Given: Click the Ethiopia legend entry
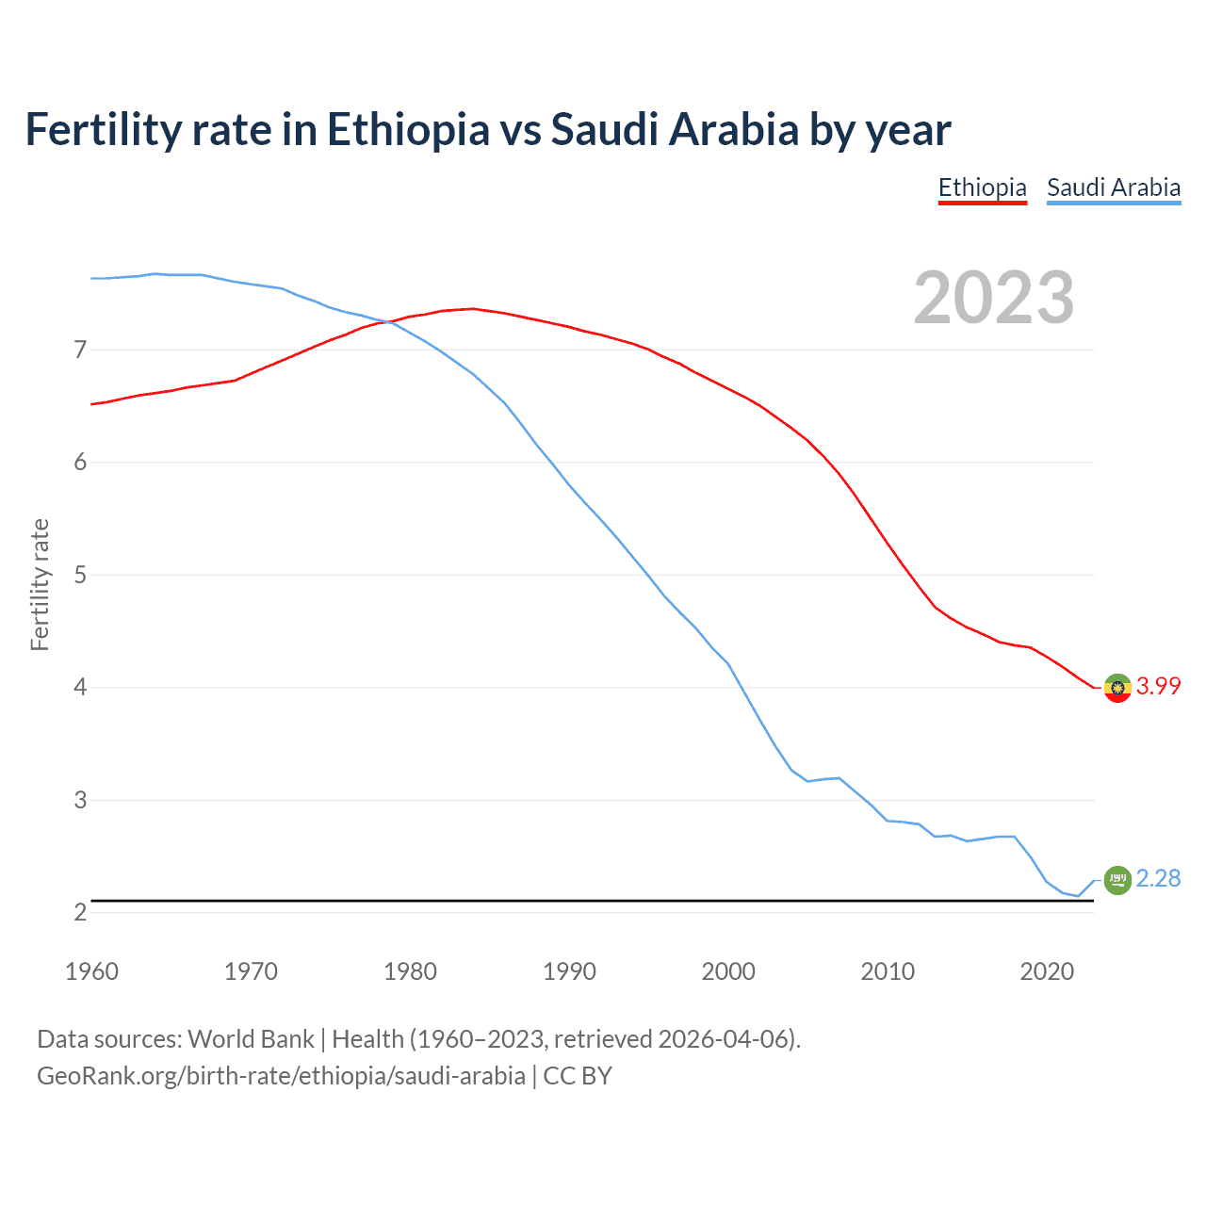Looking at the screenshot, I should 982,187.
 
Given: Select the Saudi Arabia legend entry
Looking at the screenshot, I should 1114,187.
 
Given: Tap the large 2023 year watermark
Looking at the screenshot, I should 993,298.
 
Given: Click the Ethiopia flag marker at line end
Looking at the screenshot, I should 1117,688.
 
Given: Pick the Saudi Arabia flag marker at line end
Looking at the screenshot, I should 1117,880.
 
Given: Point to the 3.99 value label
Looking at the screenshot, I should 1158,687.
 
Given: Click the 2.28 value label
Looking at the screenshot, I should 1158,879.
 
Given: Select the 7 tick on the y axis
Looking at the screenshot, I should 80,350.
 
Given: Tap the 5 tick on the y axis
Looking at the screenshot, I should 80,575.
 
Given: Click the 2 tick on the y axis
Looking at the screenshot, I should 80,912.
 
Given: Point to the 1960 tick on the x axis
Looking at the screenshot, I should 91,971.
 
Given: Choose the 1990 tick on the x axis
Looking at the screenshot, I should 569,971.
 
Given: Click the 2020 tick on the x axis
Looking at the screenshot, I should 1047,971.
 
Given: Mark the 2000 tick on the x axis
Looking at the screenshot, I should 728,971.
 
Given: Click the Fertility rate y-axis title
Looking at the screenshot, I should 40,584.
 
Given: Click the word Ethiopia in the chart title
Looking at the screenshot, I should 408,130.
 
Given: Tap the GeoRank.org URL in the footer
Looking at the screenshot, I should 281,1076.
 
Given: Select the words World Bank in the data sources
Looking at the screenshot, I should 251,1039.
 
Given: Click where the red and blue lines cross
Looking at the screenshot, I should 389,322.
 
